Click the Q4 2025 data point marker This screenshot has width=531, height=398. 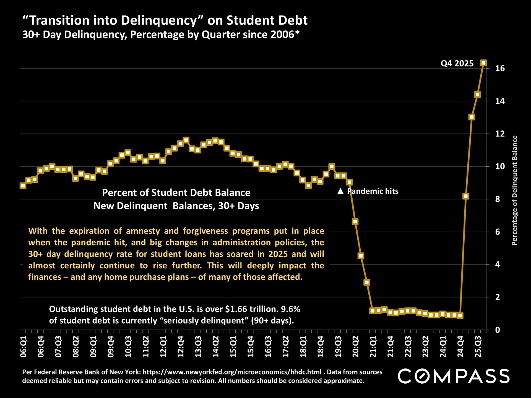pyautogui.click(x=483, y=63)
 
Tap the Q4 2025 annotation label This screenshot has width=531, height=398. pyautogui.click(x=457, y=64)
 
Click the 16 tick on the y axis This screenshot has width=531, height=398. pyautogui.click(x=500, y=69)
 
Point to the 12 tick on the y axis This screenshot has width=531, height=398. pyautogui.click(x=500, y=134)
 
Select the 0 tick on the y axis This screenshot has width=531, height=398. pyautogui.click(x=498, y=330)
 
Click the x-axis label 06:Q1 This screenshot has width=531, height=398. pyautogui.click(x=24, y=347)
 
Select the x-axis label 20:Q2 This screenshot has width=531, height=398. pyautogui.click(x=356, y=347)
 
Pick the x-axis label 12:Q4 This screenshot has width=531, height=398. pyautogui.click(x=181, y=347)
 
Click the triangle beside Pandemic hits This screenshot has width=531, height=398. pyautogui.click(x=340, y=191)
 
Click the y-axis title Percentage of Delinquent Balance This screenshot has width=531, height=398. pyautogui.click(x=514, y=190)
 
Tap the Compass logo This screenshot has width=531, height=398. pyautogui.click(x=454, y=376)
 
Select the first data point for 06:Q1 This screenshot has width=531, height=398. pyautogui.click(x=23, y=186)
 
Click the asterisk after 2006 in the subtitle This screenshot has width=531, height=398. pyautogui.click(x=297, y=33)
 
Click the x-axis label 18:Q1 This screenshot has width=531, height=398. pyautogui.click(x=303, y=347)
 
